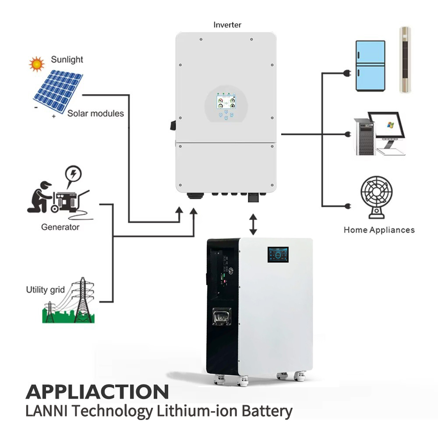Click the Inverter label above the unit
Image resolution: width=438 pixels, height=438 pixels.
pos(227,25)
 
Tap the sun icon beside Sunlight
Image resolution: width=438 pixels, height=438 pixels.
pos(37,64)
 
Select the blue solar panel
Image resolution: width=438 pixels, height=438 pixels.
pos(58,90)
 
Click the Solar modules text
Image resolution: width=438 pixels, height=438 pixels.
pos(95,113)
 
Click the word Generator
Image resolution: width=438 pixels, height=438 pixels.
pos(60,227)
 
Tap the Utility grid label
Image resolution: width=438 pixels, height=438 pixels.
pos(45,290)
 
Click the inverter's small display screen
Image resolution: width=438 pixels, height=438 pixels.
pos(226,102)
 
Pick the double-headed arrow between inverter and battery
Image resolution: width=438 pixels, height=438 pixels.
pos(253,224)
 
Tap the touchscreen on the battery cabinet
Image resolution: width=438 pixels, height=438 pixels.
pos(278,254)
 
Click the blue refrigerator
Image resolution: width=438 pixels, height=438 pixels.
pos(371,66)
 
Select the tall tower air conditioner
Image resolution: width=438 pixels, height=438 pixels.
pos(405,60)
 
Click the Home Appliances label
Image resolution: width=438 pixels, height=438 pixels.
pos(379,230)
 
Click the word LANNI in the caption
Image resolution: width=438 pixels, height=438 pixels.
pos(46,411)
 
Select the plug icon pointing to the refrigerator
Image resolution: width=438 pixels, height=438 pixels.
pos(347,73)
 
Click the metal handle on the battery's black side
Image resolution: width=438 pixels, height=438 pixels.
pos(222,317)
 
